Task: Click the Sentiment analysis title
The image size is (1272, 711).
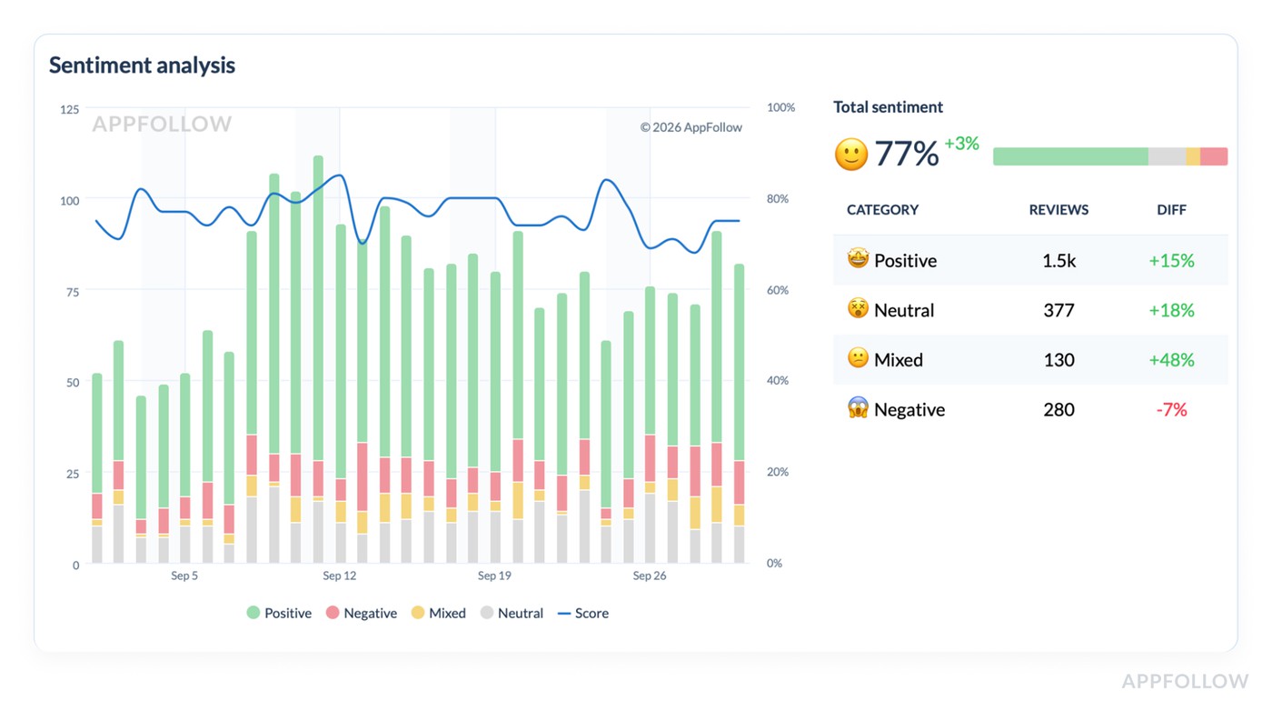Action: click(x=142, y=65)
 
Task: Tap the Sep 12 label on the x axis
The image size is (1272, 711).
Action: click(x=339, y=576)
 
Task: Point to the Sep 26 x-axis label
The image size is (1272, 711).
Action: click(x=649, y=576)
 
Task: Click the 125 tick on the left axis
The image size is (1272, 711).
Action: click(x=69, y=109)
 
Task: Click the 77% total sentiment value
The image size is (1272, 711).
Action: click(x=906, y=154)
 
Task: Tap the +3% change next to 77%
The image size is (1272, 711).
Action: click(x=961, y=144)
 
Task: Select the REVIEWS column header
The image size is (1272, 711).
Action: click(x=1058, y=210)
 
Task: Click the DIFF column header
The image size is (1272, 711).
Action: click(x=1171, y=210)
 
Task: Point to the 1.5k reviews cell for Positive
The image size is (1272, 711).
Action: click(x=1058, y=261)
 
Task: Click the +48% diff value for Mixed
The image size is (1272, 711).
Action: click(x=1171, y=360)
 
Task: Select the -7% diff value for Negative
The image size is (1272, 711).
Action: click(x=1171, y=410)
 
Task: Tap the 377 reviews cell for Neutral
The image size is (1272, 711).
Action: click(x=1058, y=310)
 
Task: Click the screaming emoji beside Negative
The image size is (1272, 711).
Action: click(x=858, y=409)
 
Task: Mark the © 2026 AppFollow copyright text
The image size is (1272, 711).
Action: click(x=691, y=127)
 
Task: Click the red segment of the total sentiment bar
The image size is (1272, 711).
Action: click(x=1214, y=156)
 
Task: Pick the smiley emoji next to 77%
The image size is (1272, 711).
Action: click(x=851, y=155)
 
